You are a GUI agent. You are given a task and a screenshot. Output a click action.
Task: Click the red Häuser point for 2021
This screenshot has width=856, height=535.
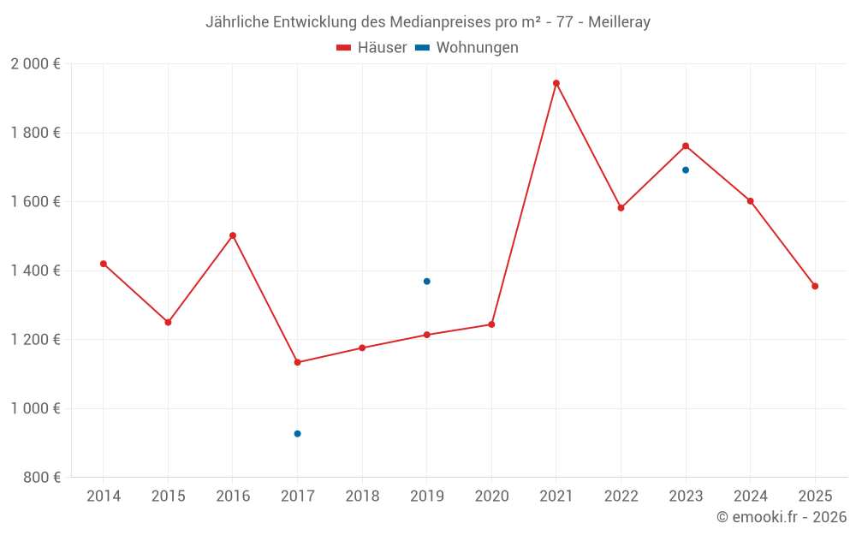tap(556, 83)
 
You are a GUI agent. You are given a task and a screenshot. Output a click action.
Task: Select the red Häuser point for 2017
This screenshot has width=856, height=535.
tap(297, 362)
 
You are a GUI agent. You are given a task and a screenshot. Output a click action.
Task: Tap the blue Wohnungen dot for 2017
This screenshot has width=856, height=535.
tap(297, 434)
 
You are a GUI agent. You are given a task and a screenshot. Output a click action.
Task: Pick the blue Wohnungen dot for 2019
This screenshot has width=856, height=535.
tap(426, 282)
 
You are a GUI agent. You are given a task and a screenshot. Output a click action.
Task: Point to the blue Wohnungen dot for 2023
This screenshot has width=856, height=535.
tap(686, 169)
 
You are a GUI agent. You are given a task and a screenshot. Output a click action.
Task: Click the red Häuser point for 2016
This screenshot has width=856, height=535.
tap(233, 235)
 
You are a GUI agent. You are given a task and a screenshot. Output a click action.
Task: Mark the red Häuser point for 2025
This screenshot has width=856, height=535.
tap(815, 286)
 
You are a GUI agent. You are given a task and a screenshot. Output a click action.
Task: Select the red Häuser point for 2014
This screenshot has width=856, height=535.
tap(104, 264)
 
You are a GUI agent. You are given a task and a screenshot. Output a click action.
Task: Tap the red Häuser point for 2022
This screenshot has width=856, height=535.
tap(621, 208)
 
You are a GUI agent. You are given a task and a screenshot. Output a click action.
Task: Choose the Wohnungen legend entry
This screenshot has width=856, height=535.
tap(476, 48)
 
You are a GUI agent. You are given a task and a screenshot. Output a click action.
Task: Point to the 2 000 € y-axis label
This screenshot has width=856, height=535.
tap(36, 64)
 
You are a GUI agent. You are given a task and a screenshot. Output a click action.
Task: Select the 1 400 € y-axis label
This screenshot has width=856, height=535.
tap(36, 270)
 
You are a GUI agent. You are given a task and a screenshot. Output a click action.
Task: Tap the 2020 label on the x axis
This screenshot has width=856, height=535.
tap(491, 496)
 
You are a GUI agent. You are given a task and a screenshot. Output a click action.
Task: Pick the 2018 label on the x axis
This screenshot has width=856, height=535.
tap(362, 496)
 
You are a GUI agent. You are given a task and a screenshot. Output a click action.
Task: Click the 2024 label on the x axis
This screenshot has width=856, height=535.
tap(751, 496)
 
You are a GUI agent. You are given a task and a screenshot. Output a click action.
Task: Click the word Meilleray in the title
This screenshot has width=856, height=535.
tap(619, 22)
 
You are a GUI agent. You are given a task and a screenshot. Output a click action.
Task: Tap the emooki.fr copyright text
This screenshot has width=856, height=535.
tap(782, 517)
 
